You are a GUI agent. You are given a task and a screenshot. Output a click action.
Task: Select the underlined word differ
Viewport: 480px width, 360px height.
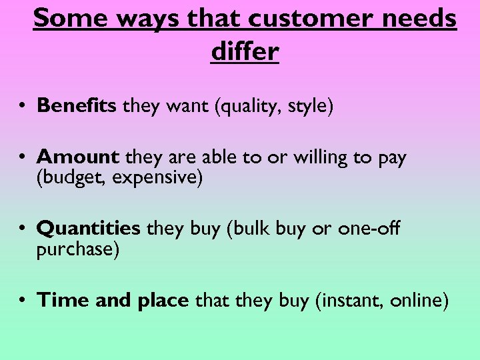pyautogui.click(x=245, y=51)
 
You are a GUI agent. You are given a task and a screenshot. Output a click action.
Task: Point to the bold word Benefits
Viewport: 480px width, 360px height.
pyautogui.click(x=77, y=105)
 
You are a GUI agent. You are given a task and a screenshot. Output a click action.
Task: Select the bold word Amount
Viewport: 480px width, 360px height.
pyautogui.click(x=78, y=157)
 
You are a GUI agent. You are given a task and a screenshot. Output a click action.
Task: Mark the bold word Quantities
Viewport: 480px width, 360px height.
pyautogui.click(x=89, y=229)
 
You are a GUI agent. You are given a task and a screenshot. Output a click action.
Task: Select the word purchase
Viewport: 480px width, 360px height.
pyautogui.click(x=78, y=249)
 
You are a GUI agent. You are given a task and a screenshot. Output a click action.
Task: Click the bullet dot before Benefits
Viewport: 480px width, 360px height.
pyautogui.click(x=23, y=106)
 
